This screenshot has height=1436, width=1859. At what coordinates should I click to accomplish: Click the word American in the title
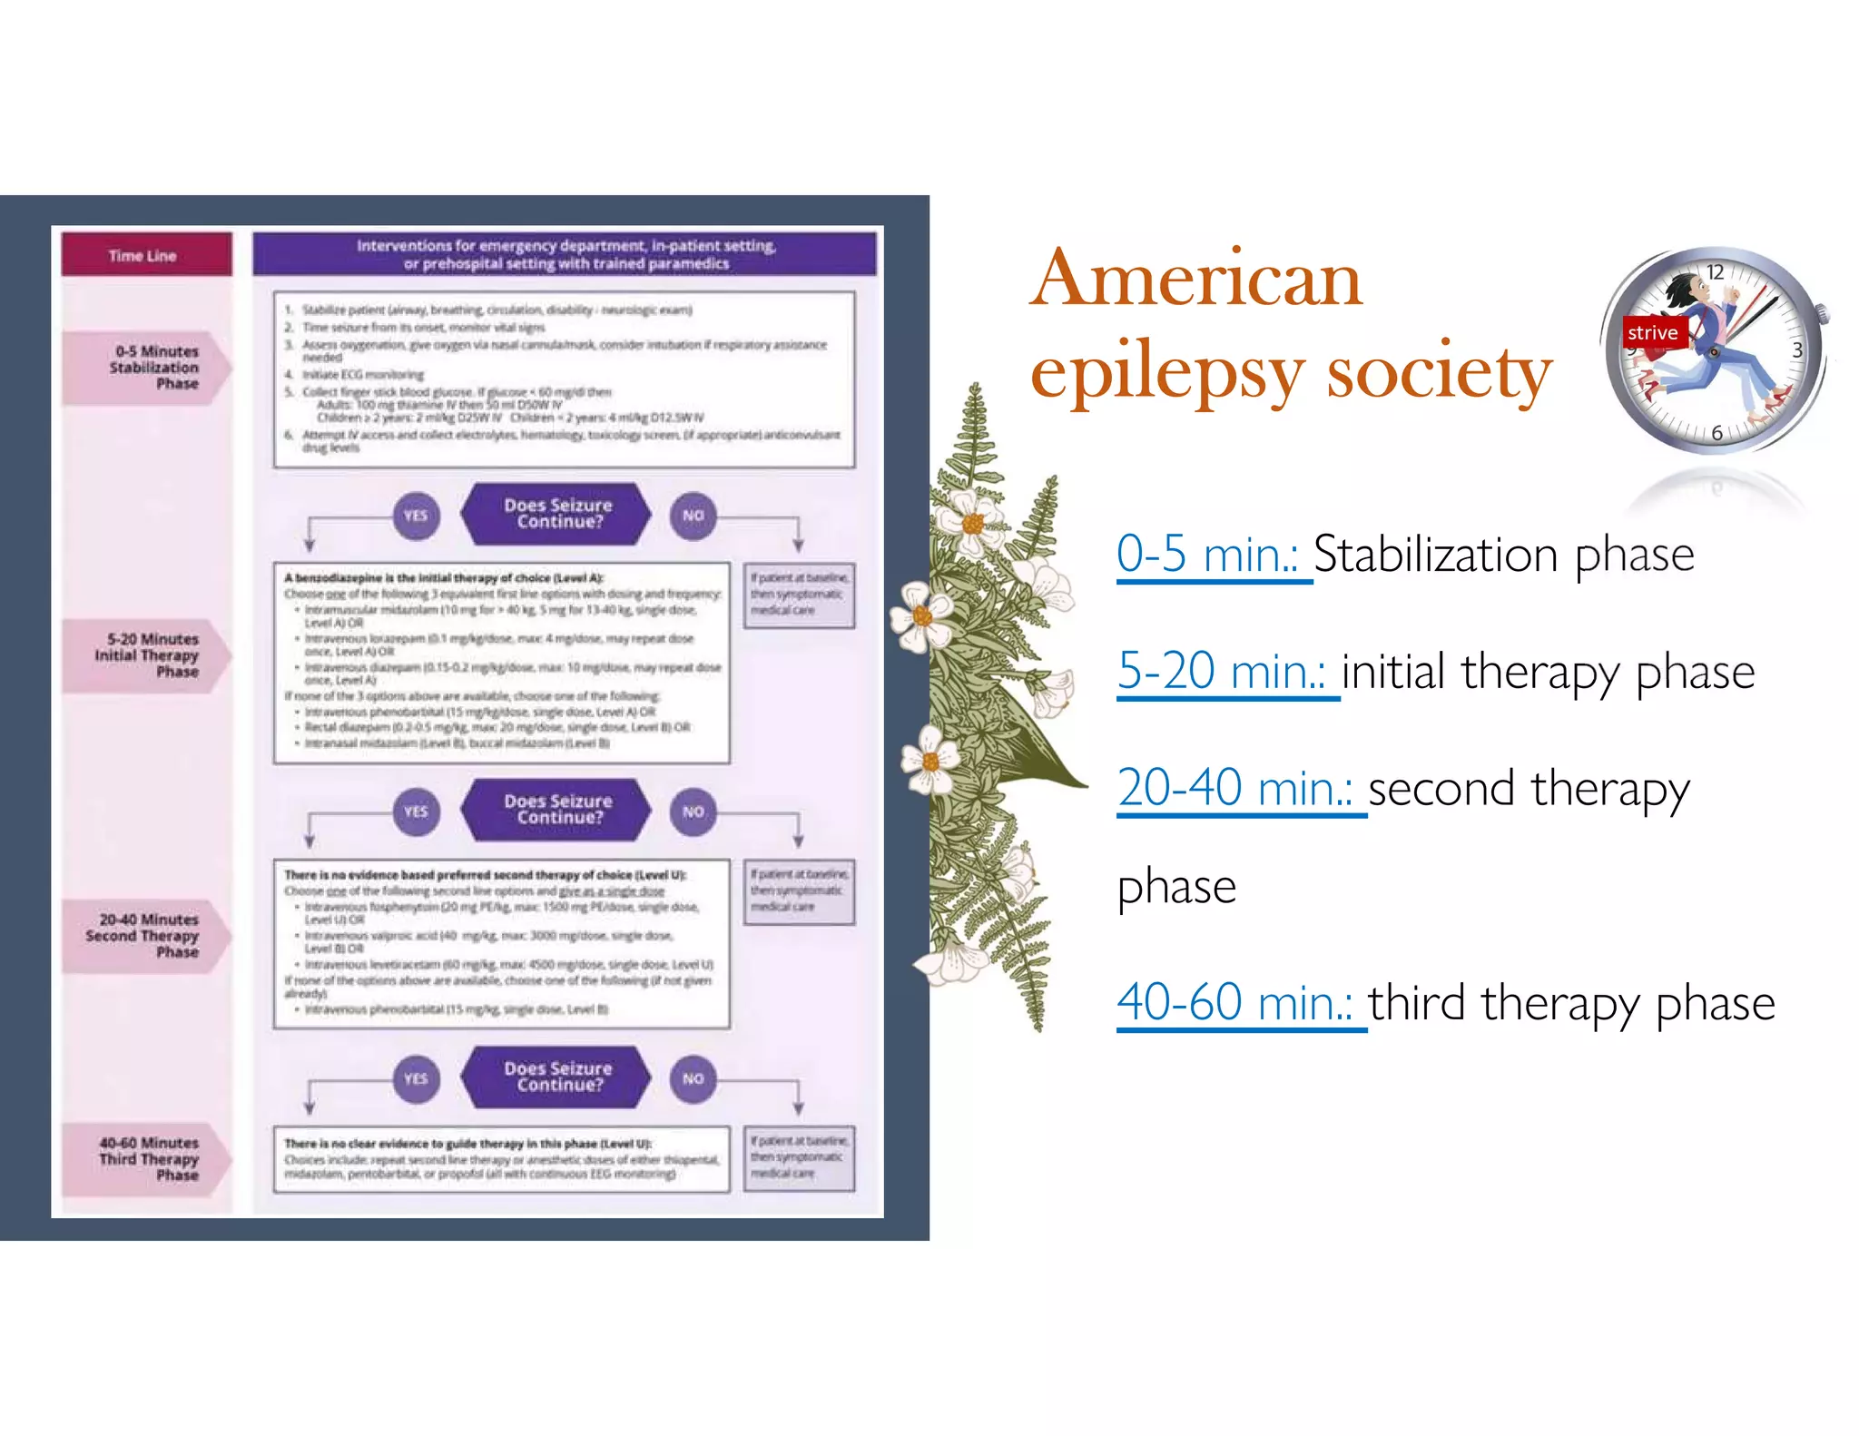[x=1196, y=280]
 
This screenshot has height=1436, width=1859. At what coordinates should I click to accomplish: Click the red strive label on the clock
[x=1652, y=333]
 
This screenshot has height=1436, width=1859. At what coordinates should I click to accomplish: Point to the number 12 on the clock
[x=1715, y=272]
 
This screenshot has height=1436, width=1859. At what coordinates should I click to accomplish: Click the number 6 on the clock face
[x=1716, y=433]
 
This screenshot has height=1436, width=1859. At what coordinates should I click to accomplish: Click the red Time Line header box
[x=145, y=255]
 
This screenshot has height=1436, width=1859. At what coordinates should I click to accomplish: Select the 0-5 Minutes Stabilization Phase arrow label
[x=146, y=368]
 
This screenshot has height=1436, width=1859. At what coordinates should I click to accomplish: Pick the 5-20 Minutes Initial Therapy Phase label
[x=146, y=655]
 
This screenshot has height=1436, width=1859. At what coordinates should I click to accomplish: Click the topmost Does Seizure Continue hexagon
[x=557, y=514]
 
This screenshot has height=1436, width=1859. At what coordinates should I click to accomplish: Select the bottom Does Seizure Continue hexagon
[x=557, y=1077]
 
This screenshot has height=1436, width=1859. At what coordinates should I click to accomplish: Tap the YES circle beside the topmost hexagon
[x=416, y=516]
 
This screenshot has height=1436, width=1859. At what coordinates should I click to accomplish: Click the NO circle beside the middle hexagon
[x=693, y=811]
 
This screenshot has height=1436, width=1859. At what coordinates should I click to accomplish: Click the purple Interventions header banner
[x=565, y=255]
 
